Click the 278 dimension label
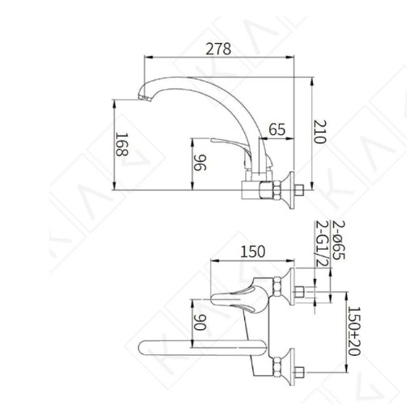[218, 49]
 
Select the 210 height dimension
[320, 132]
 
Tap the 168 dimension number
[122, 145]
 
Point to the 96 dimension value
[201, 163]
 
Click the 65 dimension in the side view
[277, 129]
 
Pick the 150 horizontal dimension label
[252, 251]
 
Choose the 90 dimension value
[201, 322]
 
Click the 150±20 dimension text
[354, 331]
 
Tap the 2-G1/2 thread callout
[322, 243]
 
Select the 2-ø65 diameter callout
[339, 240]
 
